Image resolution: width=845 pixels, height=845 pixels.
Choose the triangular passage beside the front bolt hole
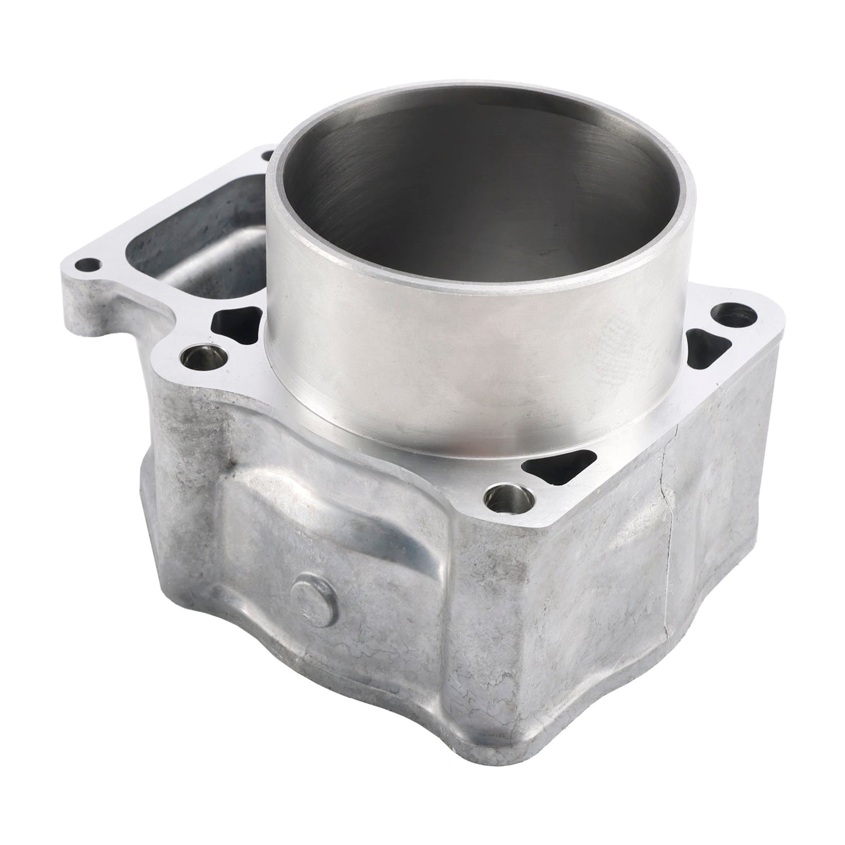click(x=550, y=467)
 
